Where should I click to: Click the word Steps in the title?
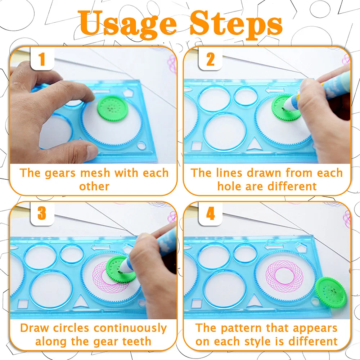pyautogui.click(x=236, y=23)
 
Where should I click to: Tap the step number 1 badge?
pyautogui.click(x=42, y=59)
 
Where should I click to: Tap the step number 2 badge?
pyautogui.click(x=210, y=59)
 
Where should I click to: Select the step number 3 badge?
pyautogui.click(x=42, y=213)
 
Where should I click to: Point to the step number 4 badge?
pyautogui.click(x=210, y=213)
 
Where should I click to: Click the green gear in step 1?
pyautogui.click(x=112, y=108)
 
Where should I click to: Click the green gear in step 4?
pyautogui.click(x=330, y=292)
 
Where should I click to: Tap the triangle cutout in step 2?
pyautogui.click(x=254, y=144)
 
